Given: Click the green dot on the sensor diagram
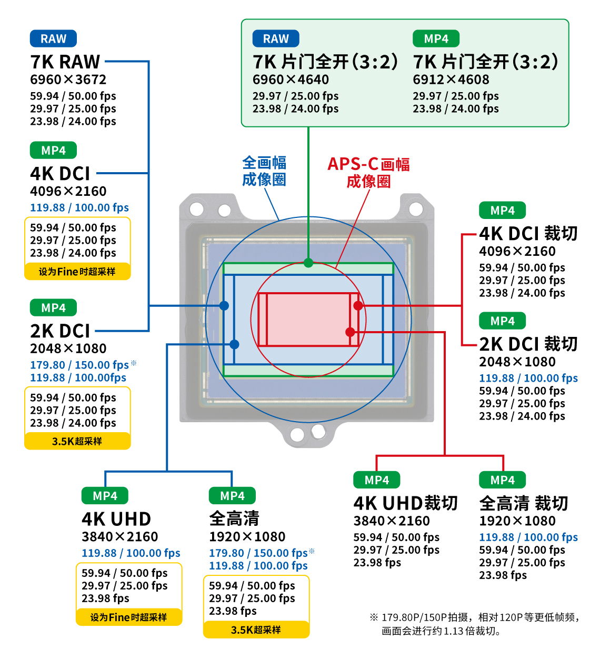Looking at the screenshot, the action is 308,263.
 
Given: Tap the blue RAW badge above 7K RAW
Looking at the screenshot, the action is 53,38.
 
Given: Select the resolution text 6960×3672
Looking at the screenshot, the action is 68,79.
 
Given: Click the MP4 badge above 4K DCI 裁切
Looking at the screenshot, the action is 502,210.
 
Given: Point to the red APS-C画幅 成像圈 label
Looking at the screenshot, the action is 368,172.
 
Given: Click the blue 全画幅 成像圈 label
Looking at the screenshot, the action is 264,171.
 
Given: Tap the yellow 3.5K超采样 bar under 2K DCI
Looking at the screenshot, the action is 77,441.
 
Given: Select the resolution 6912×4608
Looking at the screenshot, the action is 451,79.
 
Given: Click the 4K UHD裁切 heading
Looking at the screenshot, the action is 405,503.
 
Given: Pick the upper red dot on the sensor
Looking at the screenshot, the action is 358,305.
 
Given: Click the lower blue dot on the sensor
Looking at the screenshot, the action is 234,344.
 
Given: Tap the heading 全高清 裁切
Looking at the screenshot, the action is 523,503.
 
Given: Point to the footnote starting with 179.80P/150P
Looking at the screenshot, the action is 474,624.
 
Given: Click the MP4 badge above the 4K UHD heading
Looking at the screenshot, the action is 105,496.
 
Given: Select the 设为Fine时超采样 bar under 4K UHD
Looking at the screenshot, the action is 129,617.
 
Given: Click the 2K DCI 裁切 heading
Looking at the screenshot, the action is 528,344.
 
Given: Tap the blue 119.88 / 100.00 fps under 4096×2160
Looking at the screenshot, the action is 79,207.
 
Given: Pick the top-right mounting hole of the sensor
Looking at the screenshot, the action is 416,208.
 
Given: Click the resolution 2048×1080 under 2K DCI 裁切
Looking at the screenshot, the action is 517,362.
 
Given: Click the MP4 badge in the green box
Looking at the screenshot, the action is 436,38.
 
